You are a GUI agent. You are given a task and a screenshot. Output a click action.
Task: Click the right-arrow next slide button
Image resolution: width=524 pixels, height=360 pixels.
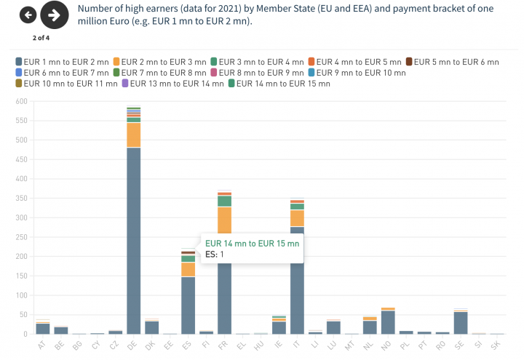coord(53,15)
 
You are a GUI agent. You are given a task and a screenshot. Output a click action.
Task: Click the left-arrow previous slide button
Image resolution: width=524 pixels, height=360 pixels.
coord(28,15)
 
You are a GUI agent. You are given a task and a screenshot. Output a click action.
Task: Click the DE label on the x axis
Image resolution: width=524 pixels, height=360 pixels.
coord(132,344)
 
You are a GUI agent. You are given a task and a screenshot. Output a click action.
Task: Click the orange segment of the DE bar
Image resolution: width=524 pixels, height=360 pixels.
coord(133,135)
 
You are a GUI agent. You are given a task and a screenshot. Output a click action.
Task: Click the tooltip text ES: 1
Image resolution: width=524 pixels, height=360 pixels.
coord(215,255)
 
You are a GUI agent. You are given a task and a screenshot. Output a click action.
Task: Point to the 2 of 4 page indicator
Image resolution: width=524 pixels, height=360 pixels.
coord(41,36)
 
